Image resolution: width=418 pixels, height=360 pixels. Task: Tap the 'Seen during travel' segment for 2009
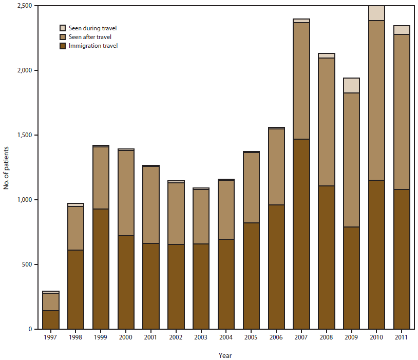352,85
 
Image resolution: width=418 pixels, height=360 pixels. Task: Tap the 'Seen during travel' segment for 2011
402,30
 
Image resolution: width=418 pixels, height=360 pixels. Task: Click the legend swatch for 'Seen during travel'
63,28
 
